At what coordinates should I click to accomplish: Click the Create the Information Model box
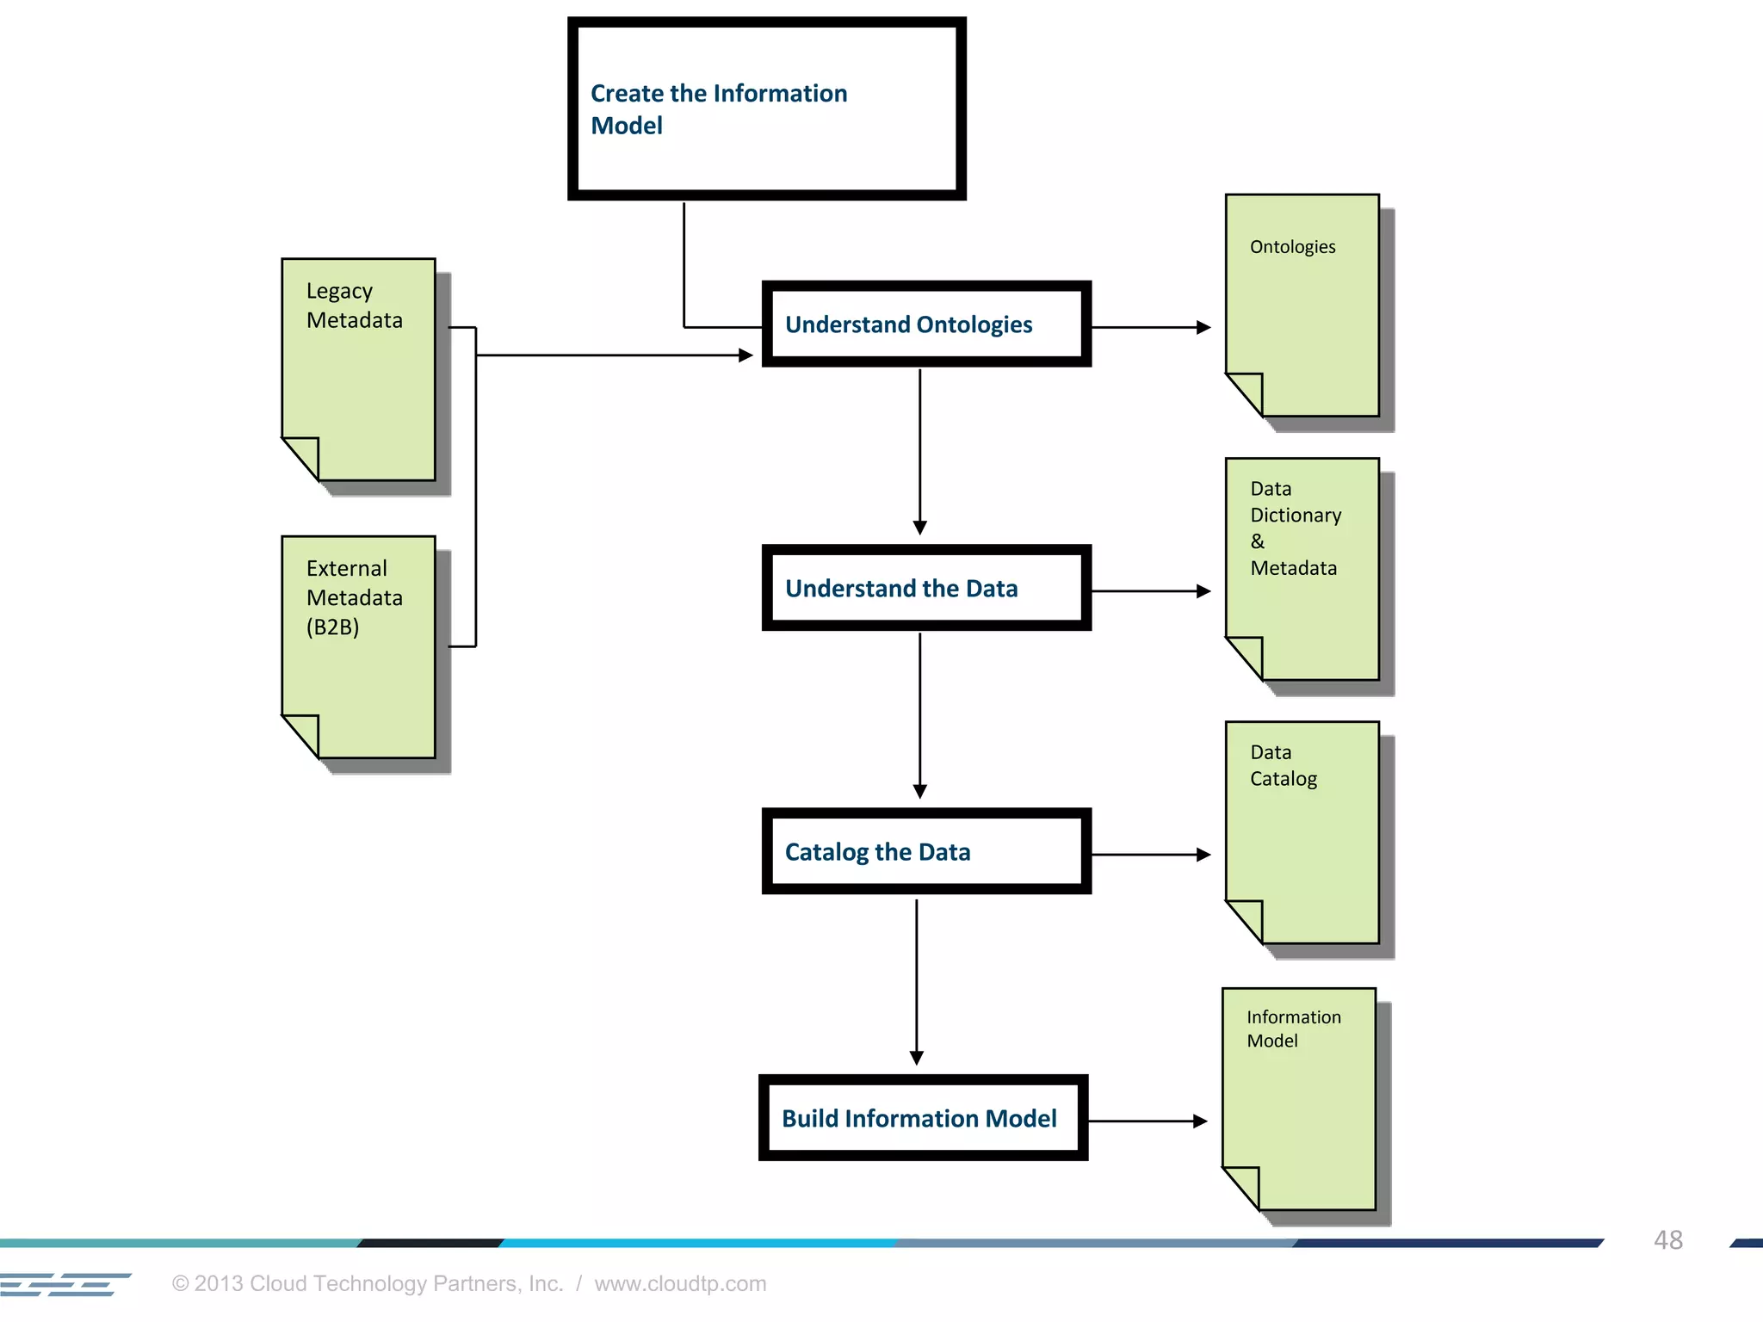point(766,109)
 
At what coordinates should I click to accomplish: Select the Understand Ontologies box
point(926,324)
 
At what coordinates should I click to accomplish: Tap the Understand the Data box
point(926,588)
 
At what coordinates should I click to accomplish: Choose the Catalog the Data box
point(926,851)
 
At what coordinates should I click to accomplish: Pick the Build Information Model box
point(923,1118)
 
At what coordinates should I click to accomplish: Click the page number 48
point(1667,1239)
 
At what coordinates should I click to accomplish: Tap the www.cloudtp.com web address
point(680,1283)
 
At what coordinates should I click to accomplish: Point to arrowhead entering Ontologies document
point(1203,327)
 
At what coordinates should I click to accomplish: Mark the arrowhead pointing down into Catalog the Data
point(919,791)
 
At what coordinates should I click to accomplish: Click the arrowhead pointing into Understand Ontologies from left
point(745,355)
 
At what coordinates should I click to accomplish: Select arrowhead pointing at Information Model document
point(1200,1121)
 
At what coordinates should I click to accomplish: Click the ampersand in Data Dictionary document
point(1258,541)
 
